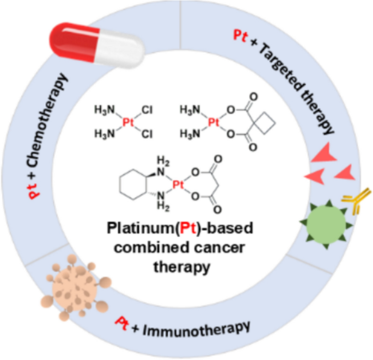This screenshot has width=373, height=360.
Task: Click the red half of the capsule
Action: click(74, 41)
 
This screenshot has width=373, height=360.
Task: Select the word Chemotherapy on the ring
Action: click(46, 121)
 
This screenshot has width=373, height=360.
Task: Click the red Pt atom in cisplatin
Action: click(128, 122)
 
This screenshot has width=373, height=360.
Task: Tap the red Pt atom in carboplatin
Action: click(213, 122)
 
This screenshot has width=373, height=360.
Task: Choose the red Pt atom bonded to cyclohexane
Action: click(178, 184)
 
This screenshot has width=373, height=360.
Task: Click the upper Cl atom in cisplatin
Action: click(147, 110)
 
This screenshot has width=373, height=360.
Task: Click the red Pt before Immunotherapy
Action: click(121, 323)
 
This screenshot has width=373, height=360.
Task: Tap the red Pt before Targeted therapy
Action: click(240, 36)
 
